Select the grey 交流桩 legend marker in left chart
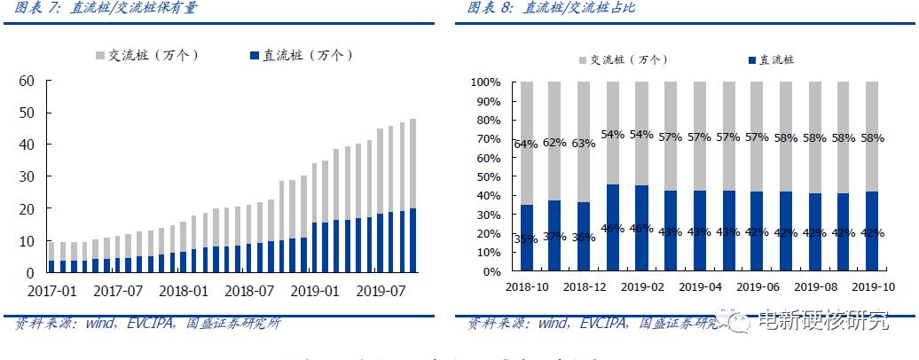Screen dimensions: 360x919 coord(100,56)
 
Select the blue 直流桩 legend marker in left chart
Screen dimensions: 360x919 coord(255,56)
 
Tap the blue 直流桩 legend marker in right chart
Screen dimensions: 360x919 coord(752,60)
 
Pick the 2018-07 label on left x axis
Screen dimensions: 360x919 coord(248,291)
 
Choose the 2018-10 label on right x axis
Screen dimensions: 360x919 coord(528,287)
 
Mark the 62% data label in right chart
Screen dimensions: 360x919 coord(555,142)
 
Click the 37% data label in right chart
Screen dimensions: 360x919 coord(555,236)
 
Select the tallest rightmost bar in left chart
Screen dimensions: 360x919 coord(412,195)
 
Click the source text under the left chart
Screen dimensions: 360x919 coord(146,324)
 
